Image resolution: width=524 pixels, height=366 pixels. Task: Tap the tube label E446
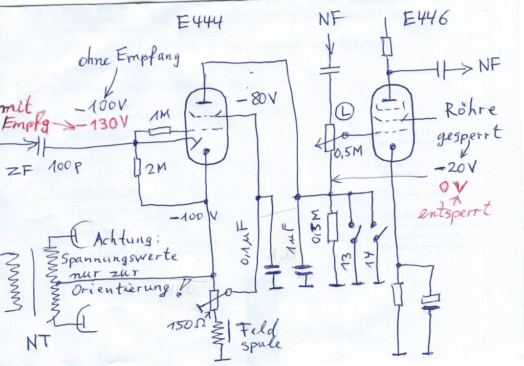(x=425, y=19)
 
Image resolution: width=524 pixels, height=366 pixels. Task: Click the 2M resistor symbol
(x=138, y=167)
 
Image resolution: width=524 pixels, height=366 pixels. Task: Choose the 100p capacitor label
(x=65, y=167)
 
